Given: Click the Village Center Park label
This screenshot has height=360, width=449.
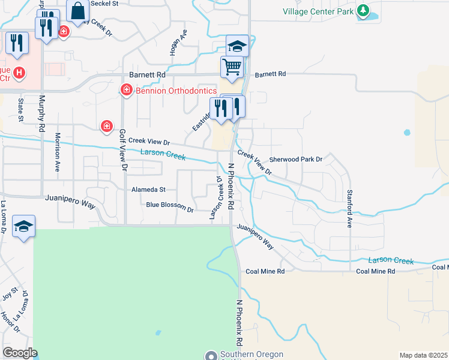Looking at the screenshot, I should click(318, 11).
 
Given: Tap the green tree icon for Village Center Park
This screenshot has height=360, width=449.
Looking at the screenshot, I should click(363, 10).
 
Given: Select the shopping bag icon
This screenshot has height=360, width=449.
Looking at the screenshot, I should click(78, 10).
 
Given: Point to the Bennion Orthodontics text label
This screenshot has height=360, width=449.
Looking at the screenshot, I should click(175, 91).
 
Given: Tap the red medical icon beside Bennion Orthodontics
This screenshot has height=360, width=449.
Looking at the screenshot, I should click(126, 91).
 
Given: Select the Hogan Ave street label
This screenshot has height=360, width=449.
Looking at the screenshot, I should click(174, 44).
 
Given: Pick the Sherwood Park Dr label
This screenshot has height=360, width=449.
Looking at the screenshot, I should click(296, 160).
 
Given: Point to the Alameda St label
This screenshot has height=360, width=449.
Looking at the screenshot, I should click(148, 189).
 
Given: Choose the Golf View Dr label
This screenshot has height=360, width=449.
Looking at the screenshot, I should click(122, 151).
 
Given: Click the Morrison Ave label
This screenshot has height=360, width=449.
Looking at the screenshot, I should click(58, 152).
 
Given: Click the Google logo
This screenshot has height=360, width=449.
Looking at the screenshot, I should click(19, 352).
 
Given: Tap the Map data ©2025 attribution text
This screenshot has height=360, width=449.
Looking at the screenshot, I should click(423, 355).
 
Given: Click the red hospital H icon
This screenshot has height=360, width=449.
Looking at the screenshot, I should click(19, 73).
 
